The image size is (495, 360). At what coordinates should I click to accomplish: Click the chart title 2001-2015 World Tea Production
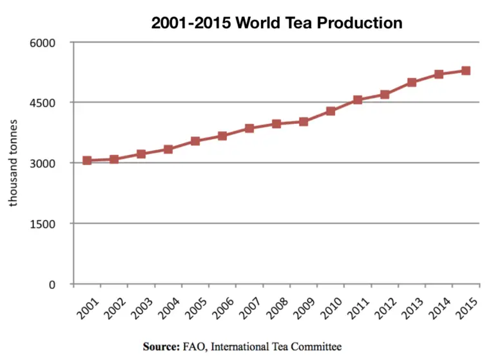[277, 23]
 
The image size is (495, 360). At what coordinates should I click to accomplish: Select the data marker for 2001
[87, 160]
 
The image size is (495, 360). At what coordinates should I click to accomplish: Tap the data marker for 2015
[465, 71]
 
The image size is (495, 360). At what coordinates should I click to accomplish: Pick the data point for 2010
[331, 111]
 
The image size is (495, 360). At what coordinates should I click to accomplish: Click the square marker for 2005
[195, 141]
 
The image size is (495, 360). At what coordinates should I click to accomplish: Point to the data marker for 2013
[412, 83]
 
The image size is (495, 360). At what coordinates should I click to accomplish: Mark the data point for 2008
[277, 124]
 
